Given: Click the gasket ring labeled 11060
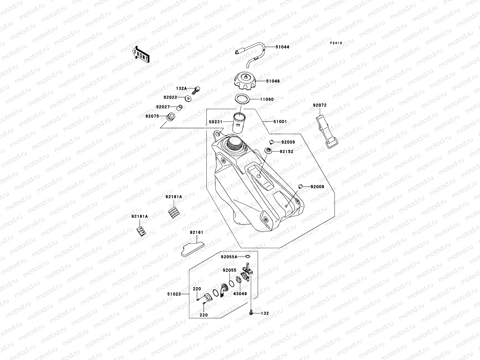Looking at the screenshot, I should click(243, 99).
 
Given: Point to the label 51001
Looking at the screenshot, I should click(280, 122).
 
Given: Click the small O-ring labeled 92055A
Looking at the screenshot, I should click(247, 256).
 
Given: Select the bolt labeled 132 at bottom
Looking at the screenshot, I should click(251, 313).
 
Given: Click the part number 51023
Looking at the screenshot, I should click(174, 294).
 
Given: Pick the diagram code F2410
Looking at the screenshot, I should click(336, 43).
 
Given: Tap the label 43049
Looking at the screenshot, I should click(240, 293).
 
